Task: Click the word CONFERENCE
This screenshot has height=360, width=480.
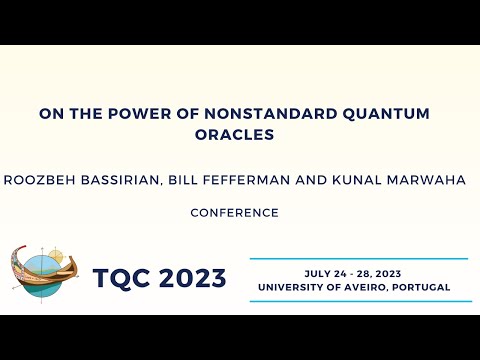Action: pyautogui.click(x=234, y=212)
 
